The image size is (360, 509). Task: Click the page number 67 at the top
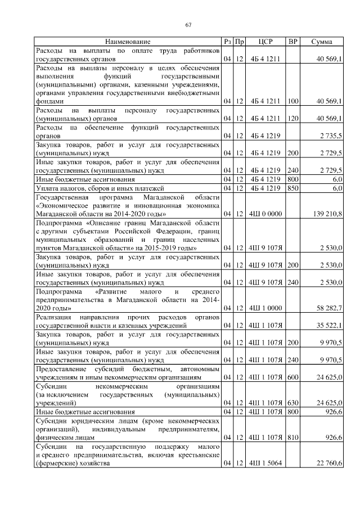click(x=188, y=24)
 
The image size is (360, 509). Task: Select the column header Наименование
click(x=128, y=42)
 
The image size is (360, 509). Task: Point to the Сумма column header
click(x=321, y=42)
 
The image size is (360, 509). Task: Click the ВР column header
click(x=292, y=42)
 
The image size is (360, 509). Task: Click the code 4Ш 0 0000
click(x=265, y=214)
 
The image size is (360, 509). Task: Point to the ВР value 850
click(x=292, y=188)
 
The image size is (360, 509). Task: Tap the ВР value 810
click(x=292, y=437)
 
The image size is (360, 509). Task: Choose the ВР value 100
click(x=292, y=102)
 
